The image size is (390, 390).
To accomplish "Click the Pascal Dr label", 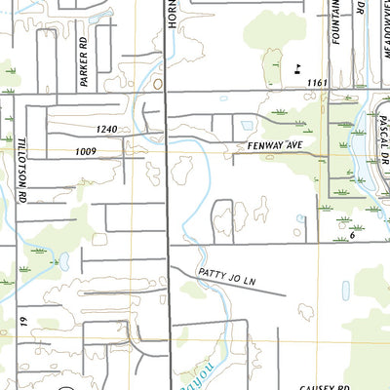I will click(x=380, y=128).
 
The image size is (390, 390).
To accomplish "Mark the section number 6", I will click(x=351, y=234).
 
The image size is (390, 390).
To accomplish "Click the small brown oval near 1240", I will click(x=158, y=85).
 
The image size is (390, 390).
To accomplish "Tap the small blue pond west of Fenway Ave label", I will click(x=246, y=126).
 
